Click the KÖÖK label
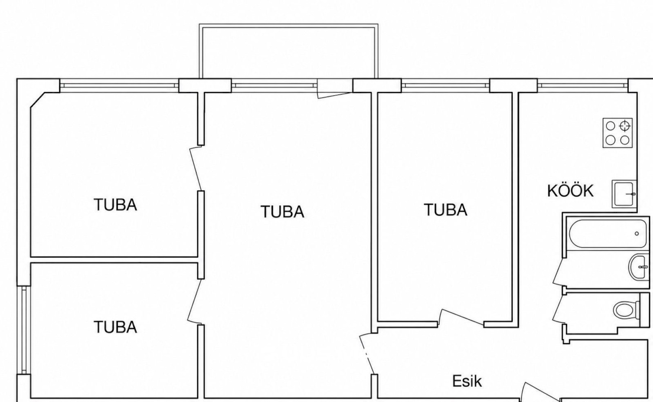click(570, 191)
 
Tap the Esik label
click(467, 381)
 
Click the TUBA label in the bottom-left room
click(115, 327)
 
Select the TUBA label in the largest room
click(282, 212)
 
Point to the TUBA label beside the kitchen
click(445, 210)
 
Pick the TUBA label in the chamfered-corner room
click(115, 205)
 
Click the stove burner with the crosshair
click(624, 126)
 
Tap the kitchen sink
click(624, 194)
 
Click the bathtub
click(608, 234)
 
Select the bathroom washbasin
click(638, 267)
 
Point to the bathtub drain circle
click(637, 234)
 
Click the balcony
click(289, 51)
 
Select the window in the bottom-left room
click(24, 330)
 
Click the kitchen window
click(583, 85)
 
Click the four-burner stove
click(617, 133)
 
